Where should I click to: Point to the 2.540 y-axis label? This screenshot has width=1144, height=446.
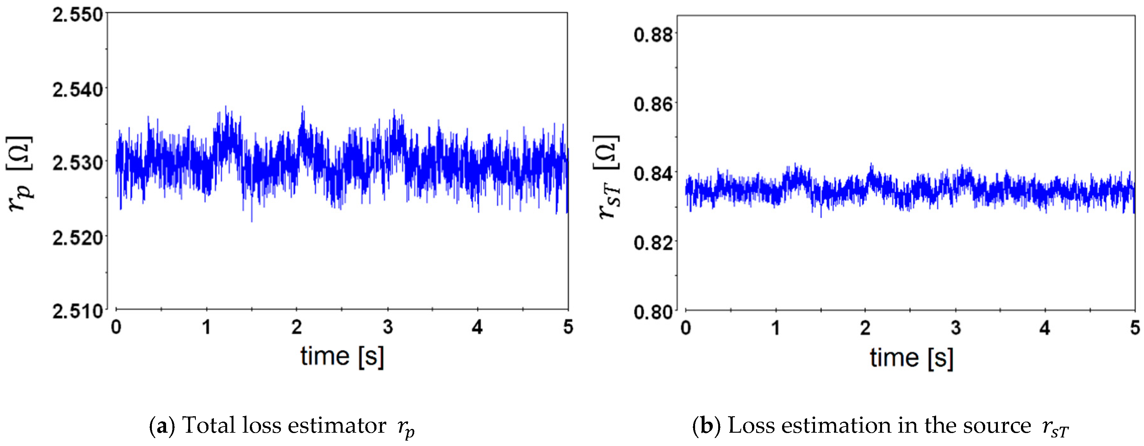[78, 90]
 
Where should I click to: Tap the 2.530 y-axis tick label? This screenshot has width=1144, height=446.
[78, 163]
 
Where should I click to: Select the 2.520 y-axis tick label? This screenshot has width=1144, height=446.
[78, 238]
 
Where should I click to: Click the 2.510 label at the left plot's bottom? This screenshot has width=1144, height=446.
[78, 311]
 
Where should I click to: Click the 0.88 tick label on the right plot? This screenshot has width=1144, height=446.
[653, 35]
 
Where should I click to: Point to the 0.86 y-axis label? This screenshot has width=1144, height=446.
[653, 104]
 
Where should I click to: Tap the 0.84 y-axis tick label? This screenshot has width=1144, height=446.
[653, 173]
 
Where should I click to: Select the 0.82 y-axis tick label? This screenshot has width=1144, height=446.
[653, 242]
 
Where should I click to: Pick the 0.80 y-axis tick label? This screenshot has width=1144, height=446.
[653, 312]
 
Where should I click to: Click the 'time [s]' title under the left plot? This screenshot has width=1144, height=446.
[342, 356]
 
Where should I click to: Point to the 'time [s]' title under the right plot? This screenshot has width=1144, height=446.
[911, 358]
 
